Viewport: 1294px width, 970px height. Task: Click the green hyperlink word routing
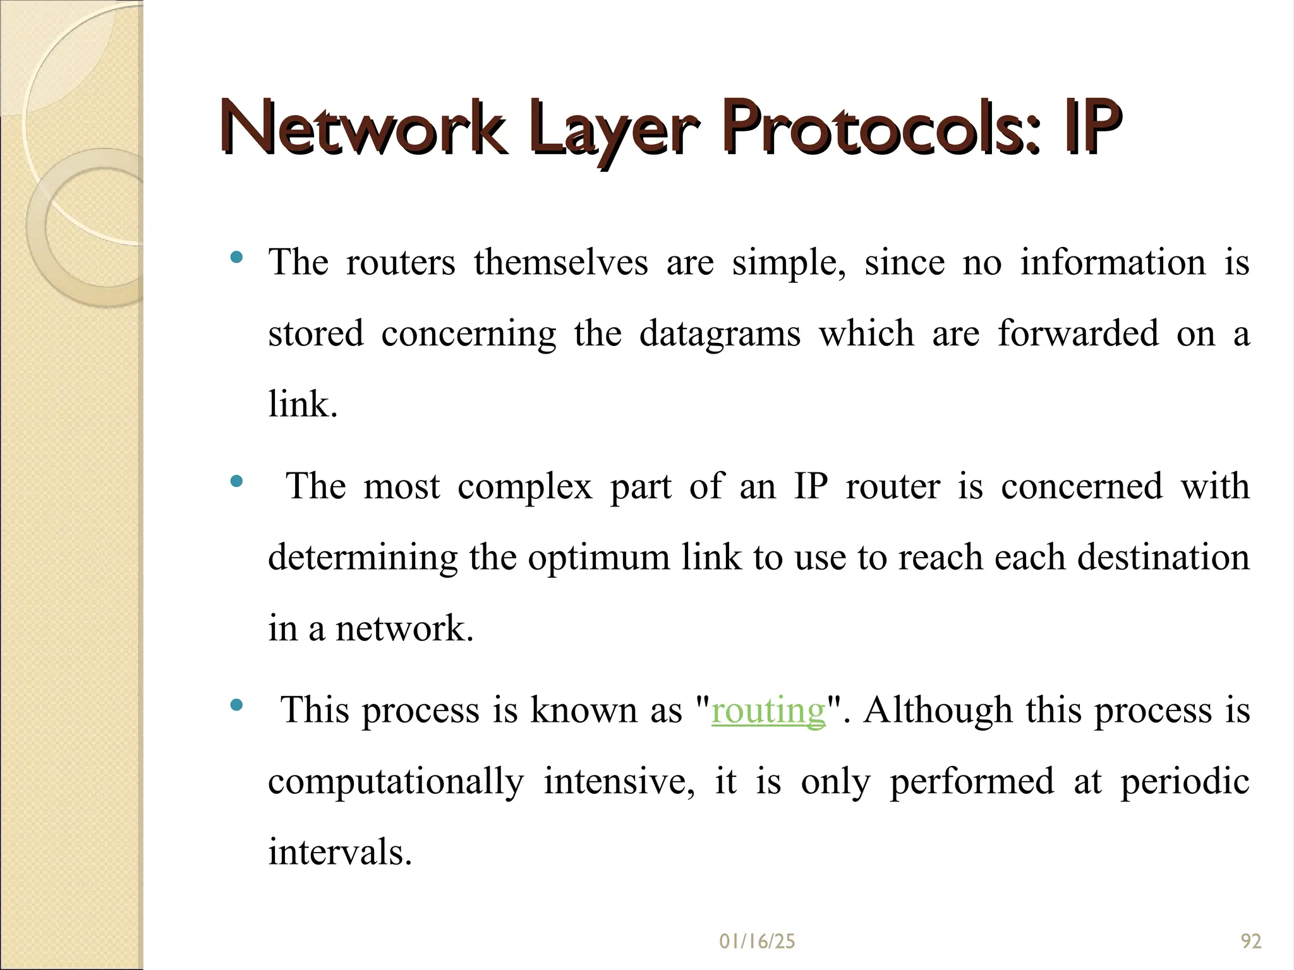768,710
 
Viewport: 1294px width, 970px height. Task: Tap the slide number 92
1251,942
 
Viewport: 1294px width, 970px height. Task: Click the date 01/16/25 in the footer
757,942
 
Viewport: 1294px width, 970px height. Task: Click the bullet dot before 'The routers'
237,257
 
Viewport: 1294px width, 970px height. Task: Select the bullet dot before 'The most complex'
237,481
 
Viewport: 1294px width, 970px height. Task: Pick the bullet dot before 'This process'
237,705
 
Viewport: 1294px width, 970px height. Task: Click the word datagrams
720,334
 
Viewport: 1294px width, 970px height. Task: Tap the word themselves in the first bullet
560,262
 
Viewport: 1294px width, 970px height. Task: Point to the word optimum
598,558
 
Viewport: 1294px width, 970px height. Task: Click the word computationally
396,782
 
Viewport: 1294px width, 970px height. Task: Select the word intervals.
340,852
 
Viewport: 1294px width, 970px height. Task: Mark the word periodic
1185,782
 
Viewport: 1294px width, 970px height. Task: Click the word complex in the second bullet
524,487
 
